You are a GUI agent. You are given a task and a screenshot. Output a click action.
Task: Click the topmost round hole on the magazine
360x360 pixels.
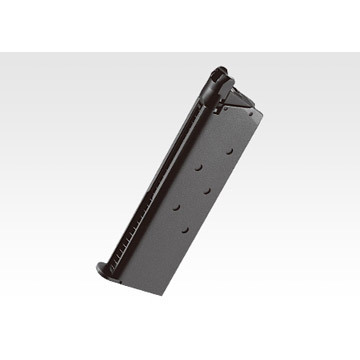point(229,149)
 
